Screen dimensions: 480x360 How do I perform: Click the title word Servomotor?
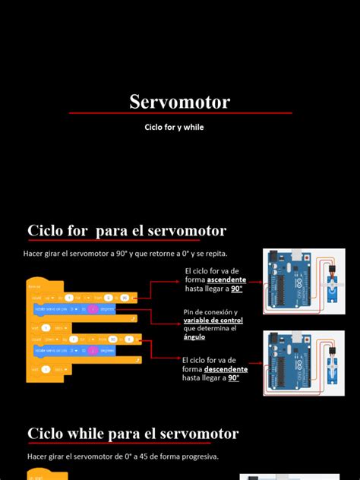coord(179,102)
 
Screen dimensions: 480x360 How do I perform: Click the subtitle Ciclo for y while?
coord(174,128)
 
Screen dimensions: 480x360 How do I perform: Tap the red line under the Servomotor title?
coord(180,113)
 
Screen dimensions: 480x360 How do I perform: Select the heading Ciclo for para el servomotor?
coord(127,230)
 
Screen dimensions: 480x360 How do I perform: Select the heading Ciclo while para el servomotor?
coord(133,434)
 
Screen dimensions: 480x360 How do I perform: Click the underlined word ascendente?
coord(226,279)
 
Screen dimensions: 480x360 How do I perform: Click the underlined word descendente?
coord(226,369)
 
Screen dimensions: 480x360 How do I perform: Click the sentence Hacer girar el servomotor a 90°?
coord(125,253)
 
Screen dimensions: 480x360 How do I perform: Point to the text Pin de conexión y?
coord(210,312)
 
